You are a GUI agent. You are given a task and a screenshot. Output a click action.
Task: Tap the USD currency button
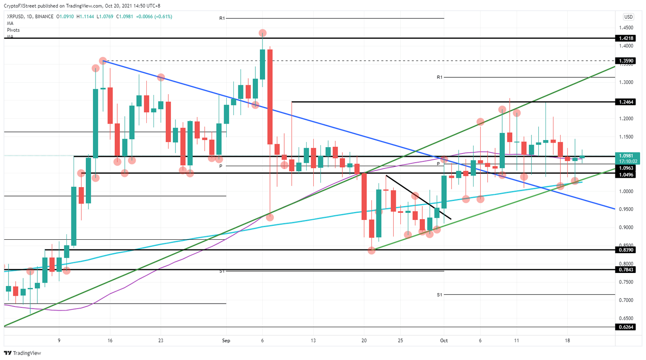point(628,17)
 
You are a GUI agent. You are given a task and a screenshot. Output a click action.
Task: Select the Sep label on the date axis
point(226,341)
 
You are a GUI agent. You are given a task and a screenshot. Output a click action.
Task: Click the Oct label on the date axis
point(444,341)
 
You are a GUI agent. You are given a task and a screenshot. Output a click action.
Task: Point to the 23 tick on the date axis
point(161,341)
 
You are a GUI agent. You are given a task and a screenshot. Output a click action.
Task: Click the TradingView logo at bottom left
point(23,353)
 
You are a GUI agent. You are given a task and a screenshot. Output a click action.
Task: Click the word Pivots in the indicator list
point(13,30)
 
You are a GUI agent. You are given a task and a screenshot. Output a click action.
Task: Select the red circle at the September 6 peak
point(262,33)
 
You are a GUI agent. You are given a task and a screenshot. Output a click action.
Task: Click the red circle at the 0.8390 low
point(371,251)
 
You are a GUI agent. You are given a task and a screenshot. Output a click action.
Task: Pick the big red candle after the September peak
point(270,97)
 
